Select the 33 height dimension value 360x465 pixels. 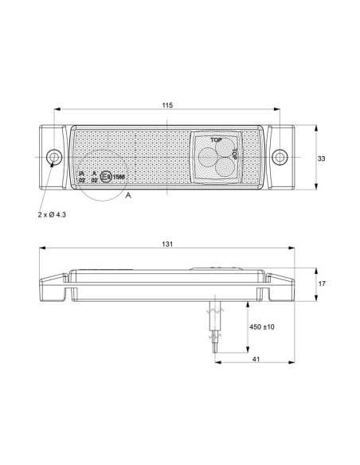click(x=321, y=158)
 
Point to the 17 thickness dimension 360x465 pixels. click(x=321, y=284)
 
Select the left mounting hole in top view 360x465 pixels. click(x=53, y=156)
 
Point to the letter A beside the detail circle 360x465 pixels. click(x=128, y=194)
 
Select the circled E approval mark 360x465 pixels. click(x=105, y=177)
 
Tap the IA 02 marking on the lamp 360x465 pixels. click(x=81, y=177)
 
